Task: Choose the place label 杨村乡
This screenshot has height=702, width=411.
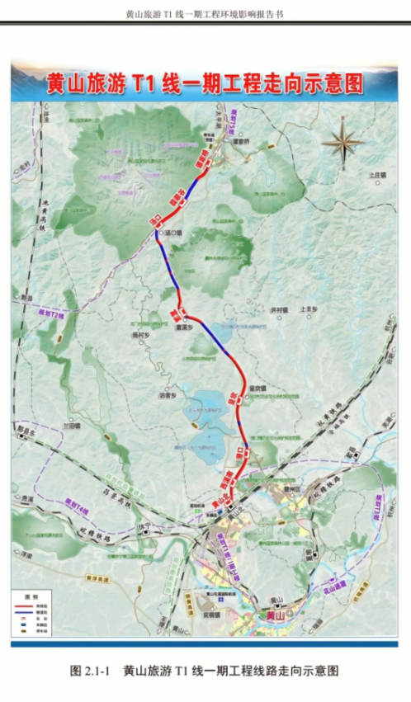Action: coord(137,336)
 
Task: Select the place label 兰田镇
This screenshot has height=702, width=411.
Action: coord(73,426)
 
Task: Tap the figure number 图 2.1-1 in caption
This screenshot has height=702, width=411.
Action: coord(91,671)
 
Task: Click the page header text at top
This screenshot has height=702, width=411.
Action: coord(205,14)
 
